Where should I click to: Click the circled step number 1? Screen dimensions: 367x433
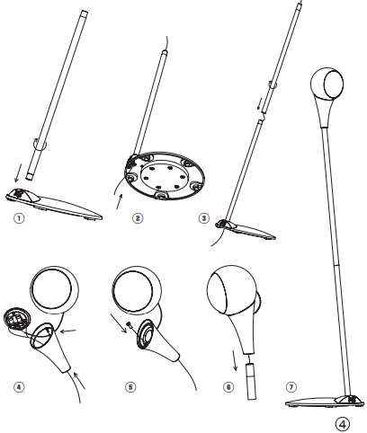pos(19,218)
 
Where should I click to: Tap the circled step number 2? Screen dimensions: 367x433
pos(138,218)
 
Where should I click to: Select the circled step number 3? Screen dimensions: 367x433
pos(204,218)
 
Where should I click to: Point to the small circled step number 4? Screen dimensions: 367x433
pos(19,387)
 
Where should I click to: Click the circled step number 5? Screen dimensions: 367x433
pos(130,387)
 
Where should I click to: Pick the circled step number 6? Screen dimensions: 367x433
pos(228,387)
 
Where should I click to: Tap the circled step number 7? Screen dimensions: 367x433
pos(291,387)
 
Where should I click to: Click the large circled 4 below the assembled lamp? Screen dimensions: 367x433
pos(342,424)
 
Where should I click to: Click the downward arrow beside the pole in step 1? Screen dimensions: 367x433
pos(18,172)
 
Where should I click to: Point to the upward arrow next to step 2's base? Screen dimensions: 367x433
pos(119,202)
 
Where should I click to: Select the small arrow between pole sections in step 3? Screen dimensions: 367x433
pos(259,103)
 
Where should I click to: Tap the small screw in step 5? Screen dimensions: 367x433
pos(130,325)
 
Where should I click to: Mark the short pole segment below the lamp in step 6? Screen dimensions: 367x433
pos(252,381)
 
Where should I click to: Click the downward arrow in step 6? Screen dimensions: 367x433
pos(235,360)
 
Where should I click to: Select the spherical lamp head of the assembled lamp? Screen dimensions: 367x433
pos(327,84)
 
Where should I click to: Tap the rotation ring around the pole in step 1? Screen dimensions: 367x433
pos(40,145)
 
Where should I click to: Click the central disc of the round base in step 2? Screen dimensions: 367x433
pos(163,178)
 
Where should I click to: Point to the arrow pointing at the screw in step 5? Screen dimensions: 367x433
pos(119,323)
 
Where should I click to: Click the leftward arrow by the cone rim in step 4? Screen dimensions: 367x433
pos(68,331)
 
